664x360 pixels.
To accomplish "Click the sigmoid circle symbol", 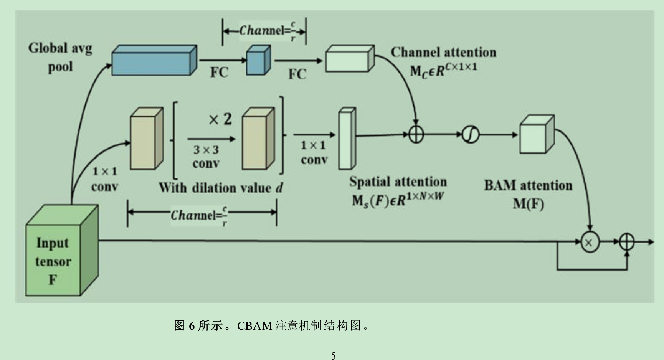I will click(x=470, y=135).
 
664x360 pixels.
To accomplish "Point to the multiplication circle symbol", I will click(x=590, y=242).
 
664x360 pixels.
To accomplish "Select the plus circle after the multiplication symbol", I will click(x=627, y=242).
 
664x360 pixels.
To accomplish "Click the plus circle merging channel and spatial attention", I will click(x=416, y=135).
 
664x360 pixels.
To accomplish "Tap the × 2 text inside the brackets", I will click(x=220, y=119).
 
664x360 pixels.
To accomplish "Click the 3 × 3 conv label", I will click(x=206, y=156).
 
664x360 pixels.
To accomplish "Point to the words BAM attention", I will click(x=528, y=185).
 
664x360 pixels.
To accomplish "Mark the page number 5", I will click(x=333, y=355).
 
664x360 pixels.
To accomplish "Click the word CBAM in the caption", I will click(x=254, y=326).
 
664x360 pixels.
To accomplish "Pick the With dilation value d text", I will click(x=221, y=188).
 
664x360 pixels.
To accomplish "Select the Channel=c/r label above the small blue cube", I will click(x=267, y=30).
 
